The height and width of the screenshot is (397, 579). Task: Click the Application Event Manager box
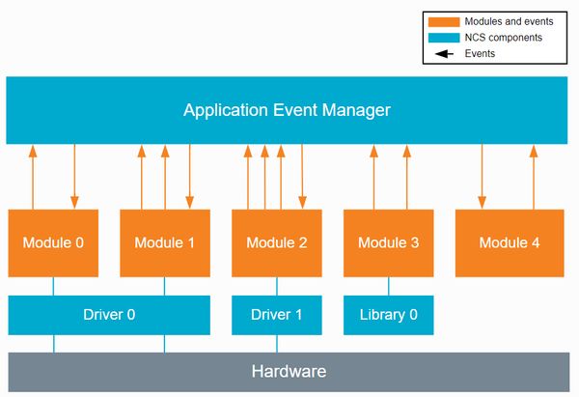pos(287,110)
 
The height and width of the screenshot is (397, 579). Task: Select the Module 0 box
pos(53,242)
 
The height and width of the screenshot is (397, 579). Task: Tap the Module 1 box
pos(165,242)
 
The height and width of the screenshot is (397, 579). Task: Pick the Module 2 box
pos(277,242)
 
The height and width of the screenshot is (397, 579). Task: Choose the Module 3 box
pos(389,242)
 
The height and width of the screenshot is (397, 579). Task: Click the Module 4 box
pos(510,242)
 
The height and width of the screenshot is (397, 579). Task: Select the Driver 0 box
pos(109,315)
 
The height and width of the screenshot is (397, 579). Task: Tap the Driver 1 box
pos(277,315)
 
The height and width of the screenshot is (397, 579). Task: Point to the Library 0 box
pos(389,315)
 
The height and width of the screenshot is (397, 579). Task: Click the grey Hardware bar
pos(289,372)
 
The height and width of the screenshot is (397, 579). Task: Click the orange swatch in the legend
pos(444,22)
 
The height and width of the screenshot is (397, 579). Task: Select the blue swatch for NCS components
pos(444,38)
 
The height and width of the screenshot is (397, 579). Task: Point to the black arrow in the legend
pos(444,54)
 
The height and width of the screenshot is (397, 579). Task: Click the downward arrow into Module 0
pos(74,177)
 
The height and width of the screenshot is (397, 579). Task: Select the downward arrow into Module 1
pos(190,177)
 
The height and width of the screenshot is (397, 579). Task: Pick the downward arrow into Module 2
pos(302,177)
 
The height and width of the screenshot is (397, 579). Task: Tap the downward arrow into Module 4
pos(482,177)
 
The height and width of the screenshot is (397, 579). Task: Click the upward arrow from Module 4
pos(534,177)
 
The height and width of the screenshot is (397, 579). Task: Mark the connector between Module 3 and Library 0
pos(389,286)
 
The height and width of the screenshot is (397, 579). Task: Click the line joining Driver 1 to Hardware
pos(277,344)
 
